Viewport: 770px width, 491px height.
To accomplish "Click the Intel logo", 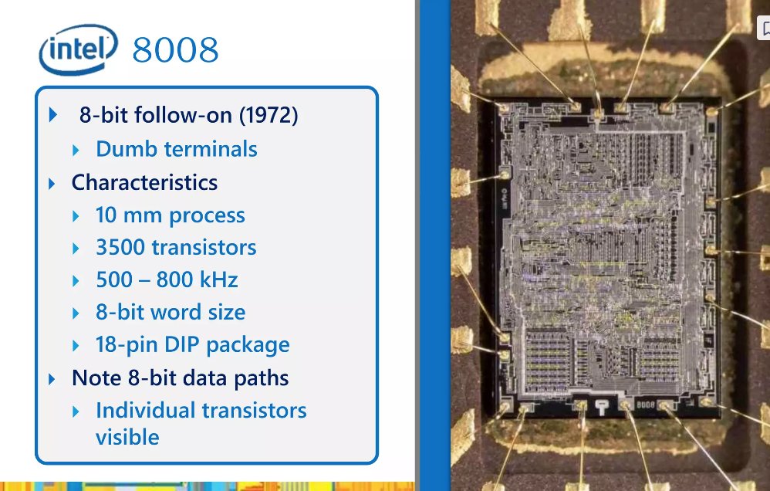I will pos(78,49).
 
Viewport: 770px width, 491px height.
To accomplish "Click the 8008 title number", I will pos(175,51).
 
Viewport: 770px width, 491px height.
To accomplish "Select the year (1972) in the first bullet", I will pos(268,116).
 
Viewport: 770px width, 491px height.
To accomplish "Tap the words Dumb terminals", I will pos(176,149).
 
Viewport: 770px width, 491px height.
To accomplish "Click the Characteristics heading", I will pos(144,183).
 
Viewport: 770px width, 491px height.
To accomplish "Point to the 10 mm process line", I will pos(170,215).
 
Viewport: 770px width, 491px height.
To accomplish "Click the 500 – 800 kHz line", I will pos(167,280).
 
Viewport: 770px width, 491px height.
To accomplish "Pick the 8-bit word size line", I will pos(170,313).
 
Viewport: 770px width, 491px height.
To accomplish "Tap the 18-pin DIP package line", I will pos(192,345).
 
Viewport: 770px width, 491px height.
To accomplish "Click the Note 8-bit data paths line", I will pos(180,378).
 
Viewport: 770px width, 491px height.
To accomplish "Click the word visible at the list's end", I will pos(127,437).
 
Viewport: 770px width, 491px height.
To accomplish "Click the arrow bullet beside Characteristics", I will pos(52,184).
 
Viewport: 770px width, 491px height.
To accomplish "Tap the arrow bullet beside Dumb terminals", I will pos(76,150).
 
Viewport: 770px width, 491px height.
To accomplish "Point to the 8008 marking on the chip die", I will pos(645,404).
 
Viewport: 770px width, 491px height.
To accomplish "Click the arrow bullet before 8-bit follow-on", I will pos(52,116).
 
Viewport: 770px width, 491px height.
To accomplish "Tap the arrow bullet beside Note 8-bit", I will pos(52,379).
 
